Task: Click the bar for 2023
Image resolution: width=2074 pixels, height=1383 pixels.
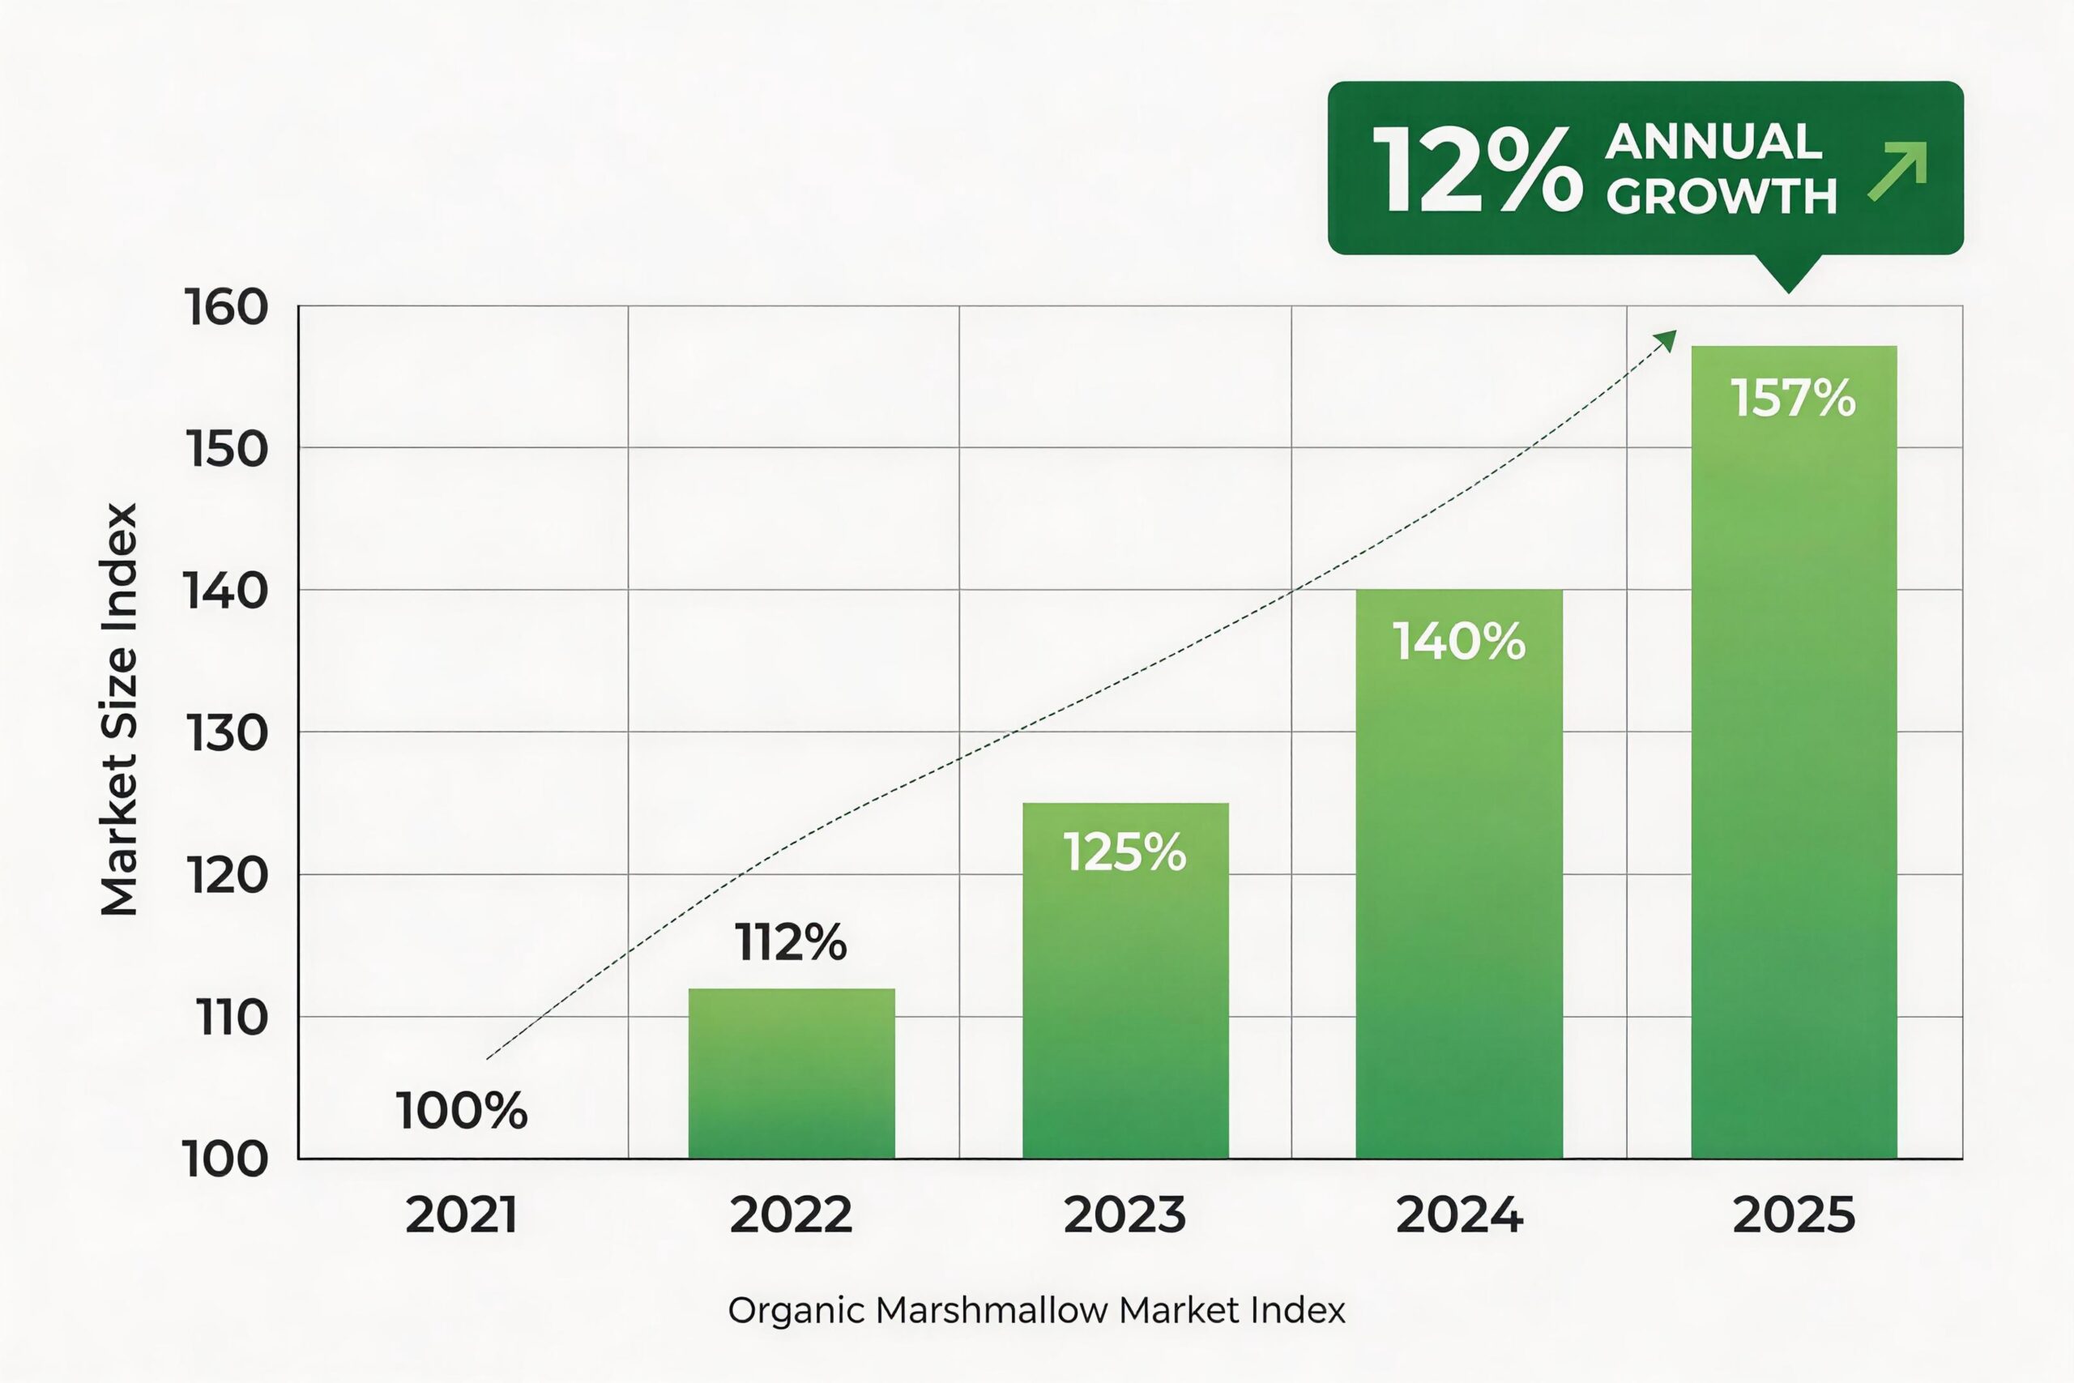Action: pos(1125,997)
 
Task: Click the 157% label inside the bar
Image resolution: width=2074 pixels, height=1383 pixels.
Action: pos(1793,398)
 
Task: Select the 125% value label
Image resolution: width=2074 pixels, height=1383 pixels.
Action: pos(1124,853)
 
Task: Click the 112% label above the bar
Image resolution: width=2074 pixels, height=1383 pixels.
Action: pos(790,943)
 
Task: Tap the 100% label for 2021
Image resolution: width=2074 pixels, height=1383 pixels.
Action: pos(461,1111)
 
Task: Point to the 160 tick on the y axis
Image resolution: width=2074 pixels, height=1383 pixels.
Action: pos(226,309)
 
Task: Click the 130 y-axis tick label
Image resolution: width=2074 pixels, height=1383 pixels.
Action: pos(226,733)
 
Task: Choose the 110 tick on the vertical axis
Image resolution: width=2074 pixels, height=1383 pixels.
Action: pos(231,1018)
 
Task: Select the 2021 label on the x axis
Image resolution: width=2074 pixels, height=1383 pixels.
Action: pos(461,1215)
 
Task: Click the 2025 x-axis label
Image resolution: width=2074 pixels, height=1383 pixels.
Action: pos(1794,1215)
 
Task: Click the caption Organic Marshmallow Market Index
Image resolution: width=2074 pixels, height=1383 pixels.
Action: pos(1036,1311)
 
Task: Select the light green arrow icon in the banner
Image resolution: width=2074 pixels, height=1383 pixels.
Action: pos(1897,171)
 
